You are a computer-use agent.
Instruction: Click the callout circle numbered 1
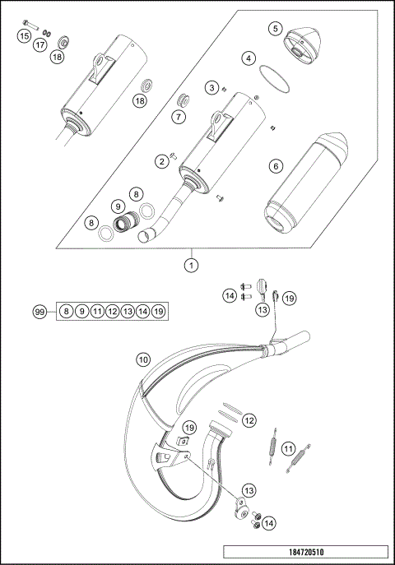coord(191,265)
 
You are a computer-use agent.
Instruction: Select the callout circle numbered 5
coord(275,29)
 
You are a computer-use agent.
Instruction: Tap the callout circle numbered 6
coord(276,165)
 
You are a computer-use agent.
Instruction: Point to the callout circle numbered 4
coord(249,58)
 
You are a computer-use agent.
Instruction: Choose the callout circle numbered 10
coord(143,359)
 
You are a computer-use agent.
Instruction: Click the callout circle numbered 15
coord(24,37)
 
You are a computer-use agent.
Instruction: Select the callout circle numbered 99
coord(38,311)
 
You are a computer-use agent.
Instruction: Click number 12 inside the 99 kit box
coord(112,311)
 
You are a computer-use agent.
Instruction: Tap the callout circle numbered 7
coord(179,117)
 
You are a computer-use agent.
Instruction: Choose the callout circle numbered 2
coord(162,160)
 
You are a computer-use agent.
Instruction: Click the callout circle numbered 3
coord(212,87)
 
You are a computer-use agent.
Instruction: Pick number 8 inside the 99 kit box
coord(66,311)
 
